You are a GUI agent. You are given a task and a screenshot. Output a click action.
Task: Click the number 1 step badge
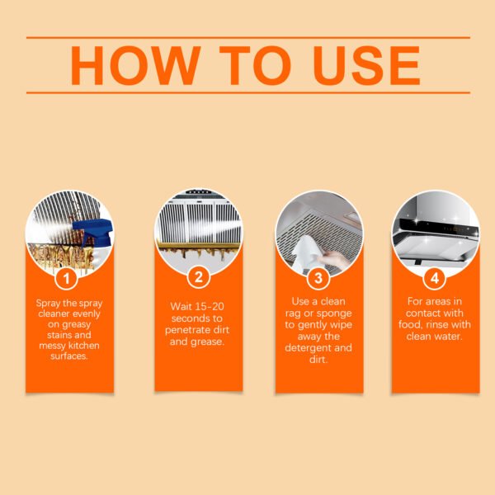point(68,277)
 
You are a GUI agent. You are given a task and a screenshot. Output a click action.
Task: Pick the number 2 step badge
point(198,277)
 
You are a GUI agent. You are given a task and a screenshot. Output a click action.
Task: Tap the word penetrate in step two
point(186,330)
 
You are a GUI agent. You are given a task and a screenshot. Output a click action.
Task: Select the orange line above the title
point(247,37)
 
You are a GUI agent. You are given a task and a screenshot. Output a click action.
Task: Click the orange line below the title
point(247,92)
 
